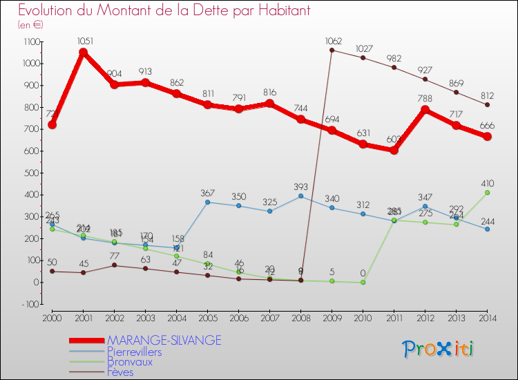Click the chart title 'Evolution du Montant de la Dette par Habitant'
(164, 11)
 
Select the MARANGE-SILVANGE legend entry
(164, 340)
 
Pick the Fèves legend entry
(121, 372)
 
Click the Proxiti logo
(439, 349)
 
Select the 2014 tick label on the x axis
(487, 317)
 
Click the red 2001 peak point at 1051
(83, 53)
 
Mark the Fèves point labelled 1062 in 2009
(332, 50)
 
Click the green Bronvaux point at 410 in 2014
(487, 192)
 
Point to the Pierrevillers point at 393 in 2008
(300, 196)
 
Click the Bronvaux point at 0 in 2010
(363, 282)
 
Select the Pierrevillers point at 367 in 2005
(207, 202)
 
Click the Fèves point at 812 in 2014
(487, 104)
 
